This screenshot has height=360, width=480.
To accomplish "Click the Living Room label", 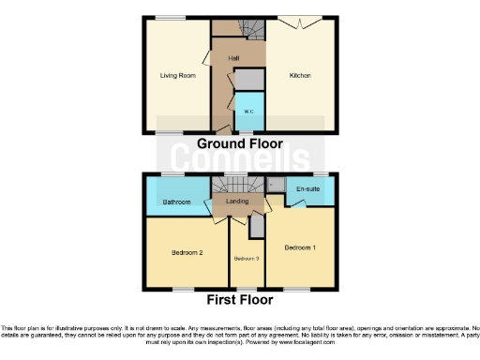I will pos(177,75).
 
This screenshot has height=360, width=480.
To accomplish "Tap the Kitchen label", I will pos(300,75).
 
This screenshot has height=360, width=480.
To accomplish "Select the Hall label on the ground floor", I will pos(232,57).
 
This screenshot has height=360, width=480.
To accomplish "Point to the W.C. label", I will pos(248,112).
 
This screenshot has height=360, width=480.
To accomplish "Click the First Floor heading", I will pos(240,301).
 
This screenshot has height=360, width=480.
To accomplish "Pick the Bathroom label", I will pos(176,202).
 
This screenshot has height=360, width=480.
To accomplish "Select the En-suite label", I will pos(307,190).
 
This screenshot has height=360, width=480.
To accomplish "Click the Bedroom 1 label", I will pos(299,247).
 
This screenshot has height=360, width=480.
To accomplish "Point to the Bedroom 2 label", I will pos(187,252).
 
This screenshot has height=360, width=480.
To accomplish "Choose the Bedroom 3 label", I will pos(246,258).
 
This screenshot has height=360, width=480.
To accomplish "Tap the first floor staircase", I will pos(232,183).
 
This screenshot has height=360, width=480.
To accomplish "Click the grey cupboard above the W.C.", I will pos(248,79).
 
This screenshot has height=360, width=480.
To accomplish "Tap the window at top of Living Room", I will pos(170,17).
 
